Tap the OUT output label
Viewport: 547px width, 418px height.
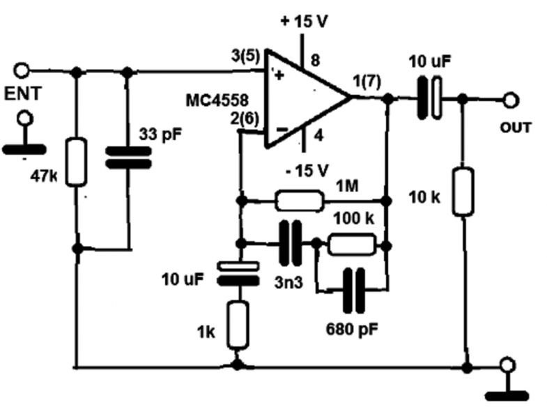click(515, 127)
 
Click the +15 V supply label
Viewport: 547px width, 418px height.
click(304, 20)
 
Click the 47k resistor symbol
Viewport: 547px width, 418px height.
click(77, 162)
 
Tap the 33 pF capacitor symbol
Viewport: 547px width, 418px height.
click(128, 157)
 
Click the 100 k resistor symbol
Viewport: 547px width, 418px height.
click(352, 245)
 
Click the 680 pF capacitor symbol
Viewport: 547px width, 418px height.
click(354, 290)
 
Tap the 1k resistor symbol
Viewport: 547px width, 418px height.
click(238, 324)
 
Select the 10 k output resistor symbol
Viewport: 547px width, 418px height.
click(463, 190)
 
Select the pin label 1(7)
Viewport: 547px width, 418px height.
click(367, 81)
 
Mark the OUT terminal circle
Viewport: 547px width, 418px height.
click(511, 100)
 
